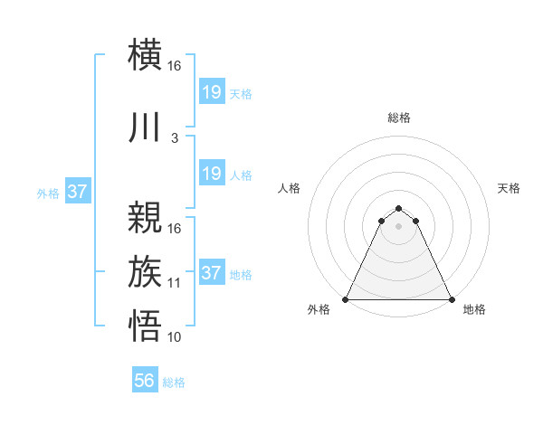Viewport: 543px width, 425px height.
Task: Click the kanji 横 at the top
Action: point(146,54)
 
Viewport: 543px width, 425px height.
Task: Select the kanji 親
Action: point(146,217)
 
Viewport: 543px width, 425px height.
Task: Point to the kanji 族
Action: point(146,272)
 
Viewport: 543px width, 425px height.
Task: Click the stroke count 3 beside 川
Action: point(175,138)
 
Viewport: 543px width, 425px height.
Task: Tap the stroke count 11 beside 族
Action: point(175,283)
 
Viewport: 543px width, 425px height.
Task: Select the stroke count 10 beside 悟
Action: point(175,337)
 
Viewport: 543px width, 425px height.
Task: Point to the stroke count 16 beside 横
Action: point(175,66)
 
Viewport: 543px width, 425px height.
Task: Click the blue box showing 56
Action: point(145,381)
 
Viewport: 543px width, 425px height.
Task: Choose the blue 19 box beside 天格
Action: point(211,92)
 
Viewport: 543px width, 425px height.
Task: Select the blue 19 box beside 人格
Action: point(211,174)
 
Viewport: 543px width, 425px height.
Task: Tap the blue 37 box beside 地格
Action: point(211,273)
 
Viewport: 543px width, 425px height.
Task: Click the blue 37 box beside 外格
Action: point(77,192)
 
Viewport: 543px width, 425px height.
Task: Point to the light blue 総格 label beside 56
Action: point(174,382)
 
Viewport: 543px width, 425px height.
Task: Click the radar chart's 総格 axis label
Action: point(399,118)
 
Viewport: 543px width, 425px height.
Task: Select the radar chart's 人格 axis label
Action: point(289,188)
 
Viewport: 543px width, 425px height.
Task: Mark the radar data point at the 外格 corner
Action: point(346,298)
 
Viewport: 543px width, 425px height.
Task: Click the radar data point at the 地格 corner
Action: point(452,298)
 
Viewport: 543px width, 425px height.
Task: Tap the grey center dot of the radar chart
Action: point(399,225)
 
